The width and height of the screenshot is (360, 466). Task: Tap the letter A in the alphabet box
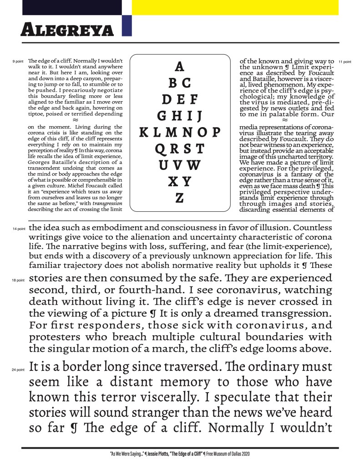[179, 67]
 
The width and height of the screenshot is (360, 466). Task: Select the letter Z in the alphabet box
[179, 198]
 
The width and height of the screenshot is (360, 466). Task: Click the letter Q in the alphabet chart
[159, 149]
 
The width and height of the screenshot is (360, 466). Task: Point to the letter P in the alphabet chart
[216, 133]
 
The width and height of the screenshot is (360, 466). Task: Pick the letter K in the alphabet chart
[143, 133]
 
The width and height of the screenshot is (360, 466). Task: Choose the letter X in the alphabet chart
[172, 182]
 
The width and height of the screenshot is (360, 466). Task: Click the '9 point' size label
[18, 61]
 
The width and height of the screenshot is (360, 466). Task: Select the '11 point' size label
[345, 61]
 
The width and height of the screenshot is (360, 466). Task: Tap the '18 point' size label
[18, 281]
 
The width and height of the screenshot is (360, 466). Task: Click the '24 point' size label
[18, 370]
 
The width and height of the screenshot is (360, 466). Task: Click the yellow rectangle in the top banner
[235, 7]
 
